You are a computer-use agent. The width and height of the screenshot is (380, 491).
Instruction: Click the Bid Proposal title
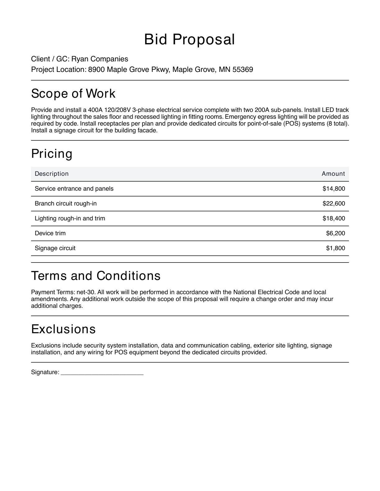(189, 40)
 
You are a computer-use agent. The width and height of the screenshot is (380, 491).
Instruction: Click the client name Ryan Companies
(100, 59)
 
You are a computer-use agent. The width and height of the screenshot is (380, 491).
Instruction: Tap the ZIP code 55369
(242, 69)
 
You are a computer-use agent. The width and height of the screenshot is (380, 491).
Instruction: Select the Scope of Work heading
(73, 94)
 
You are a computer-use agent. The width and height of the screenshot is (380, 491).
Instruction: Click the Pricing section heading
(52, 154)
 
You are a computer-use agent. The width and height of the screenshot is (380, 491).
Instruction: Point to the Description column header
(52, 174)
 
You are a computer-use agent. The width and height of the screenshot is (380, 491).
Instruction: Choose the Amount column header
(333, 174)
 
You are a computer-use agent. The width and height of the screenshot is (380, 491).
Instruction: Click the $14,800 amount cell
(334, 188)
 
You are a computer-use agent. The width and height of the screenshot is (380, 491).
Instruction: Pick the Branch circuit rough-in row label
(66, 203)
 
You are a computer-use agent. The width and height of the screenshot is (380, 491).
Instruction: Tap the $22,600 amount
(334, 203)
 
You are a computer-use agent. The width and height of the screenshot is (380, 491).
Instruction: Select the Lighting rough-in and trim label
(70, 218)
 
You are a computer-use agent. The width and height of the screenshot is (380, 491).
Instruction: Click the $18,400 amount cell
(334, 218)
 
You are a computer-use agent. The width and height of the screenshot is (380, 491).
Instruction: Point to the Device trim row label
(50, 233)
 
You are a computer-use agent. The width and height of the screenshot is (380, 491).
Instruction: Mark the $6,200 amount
(335, 233)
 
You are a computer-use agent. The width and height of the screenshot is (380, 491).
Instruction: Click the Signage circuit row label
(55, 248)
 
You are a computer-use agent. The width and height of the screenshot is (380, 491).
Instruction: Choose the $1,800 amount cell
(335, 248)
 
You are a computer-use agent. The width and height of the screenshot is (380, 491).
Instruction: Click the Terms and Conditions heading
(96, 276)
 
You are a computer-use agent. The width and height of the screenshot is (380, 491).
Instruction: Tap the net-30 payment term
(85, 292)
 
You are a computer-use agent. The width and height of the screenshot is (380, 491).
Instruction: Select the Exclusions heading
(63, 329)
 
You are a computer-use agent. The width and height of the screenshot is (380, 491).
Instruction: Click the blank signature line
(102, 373)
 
